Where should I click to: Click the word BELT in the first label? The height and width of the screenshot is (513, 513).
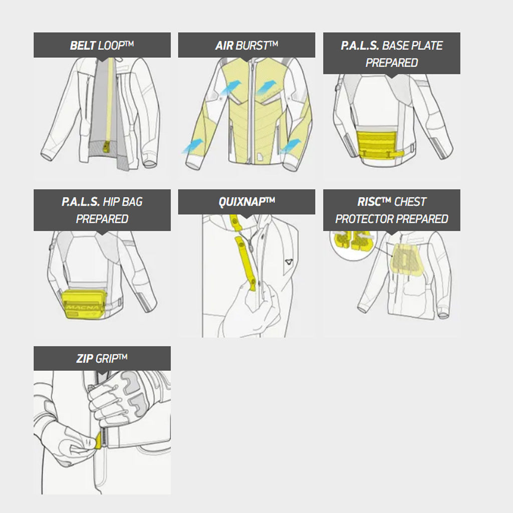point(83,45)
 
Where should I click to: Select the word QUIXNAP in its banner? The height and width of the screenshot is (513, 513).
point(242,202)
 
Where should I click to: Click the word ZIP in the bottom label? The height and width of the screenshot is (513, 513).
point(85,359)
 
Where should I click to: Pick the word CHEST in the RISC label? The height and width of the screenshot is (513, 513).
point(410,202)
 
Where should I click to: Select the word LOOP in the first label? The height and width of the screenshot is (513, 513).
point(111,45)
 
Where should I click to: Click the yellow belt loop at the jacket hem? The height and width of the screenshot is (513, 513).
point(107,146)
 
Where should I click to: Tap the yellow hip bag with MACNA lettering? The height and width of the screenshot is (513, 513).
point(84,303)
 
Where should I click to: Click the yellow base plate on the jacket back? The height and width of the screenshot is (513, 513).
point(380,145)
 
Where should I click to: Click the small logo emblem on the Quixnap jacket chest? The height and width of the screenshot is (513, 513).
point(289,262)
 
